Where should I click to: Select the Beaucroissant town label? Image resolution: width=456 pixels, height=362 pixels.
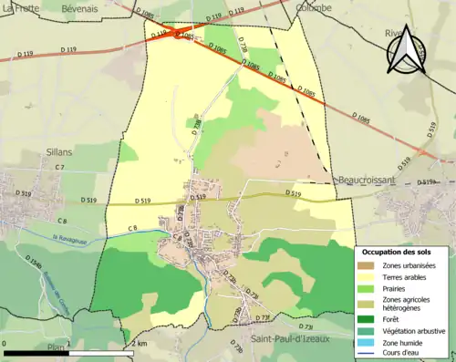coord(365,181)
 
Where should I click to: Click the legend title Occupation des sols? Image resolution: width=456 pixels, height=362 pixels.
coord(398,252)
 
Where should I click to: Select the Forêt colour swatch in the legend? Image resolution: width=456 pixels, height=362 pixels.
coord(369,319)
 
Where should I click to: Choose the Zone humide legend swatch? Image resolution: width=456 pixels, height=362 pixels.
coord(369,344)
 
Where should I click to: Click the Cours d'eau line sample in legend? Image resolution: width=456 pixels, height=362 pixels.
coord(369,355)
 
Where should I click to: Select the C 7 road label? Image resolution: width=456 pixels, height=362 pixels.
coord(59,168)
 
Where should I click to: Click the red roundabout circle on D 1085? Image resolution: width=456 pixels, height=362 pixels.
coord(178,36)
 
